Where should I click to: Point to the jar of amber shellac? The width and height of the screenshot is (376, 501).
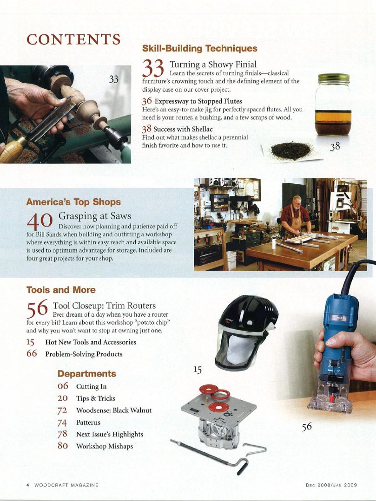click(332, 104)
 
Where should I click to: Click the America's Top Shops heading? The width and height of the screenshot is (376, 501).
click(73, 202)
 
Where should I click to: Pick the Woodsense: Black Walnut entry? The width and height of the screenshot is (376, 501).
click(113, 410)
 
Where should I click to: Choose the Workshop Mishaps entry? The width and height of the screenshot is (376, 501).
click(104, 446)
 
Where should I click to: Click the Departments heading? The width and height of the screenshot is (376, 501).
click(86, 374)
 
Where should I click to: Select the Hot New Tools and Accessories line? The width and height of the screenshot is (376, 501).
click(91, 342)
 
